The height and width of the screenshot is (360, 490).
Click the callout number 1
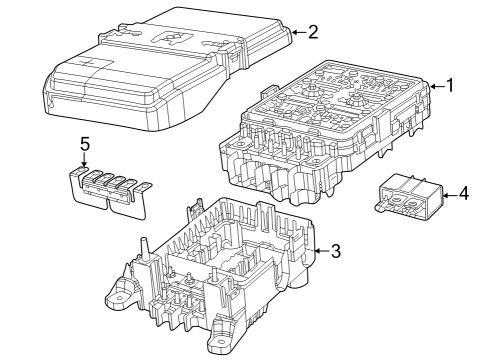(x=450, y=86)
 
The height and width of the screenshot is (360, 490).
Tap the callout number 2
(x=312, y=32)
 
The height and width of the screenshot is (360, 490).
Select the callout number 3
(x=336, y=251)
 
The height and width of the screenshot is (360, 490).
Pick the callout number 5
(x=84, y=143)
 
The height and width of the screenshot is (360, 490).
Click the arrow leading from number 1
(x=434, y=87)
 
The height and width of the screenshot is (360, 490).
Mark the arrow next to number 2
(x=296, y=33)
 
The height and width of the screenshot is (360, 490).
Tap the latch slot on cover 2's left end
(x=49, y=96)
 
